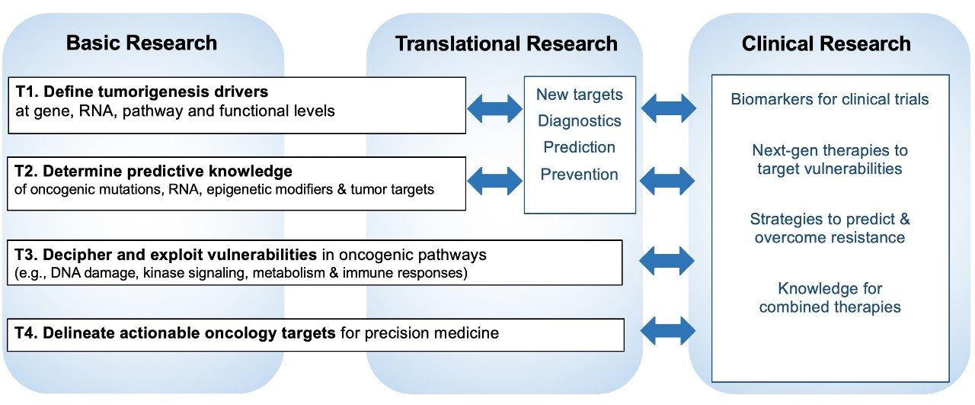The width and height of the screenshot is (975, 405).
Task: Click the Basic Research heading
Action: pyautogui.click(x=142, y=43)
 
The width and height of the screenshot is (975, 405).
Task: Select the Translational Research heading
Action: pyautogui.click(x=506, y=43)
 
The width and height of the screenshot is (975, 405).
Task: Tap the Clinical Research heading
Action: pyautogui.click(x=826, y=43)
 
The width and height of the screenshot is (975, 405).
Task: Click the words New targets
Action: pyautogui.click(x=579, y=95)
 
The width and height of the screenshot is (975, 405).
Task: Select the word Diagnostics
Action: pyautogui.click(x=579, y=121)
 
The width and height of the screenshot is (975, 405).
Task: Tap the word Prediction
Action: pyautogui.click(x=579, y=147)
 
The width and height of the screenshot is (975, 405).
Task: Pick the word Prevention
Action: pyautogui.click(x=579, y=175)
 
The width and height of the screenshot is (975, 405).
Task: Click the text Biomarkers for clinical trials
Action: pyautogui.click(x=830, y=99)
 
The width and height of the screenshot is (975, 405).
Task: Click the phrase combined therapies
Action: pyautogui.click(x=830, y=307)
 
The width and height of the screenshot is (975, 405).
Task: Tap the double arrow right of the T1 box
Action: pyautogui.click(x=494, y=108)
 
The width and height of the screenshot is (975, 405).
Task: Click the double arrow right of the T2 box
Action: pyautogui.click(x=494, y=181)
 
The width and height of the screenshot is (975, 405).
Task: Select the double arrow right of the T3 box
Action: pyautogui.click(x=668, y=261)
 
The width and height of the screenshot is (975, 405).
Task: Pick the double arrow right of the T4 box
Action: pyautogui.click(x=668, y=331)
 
